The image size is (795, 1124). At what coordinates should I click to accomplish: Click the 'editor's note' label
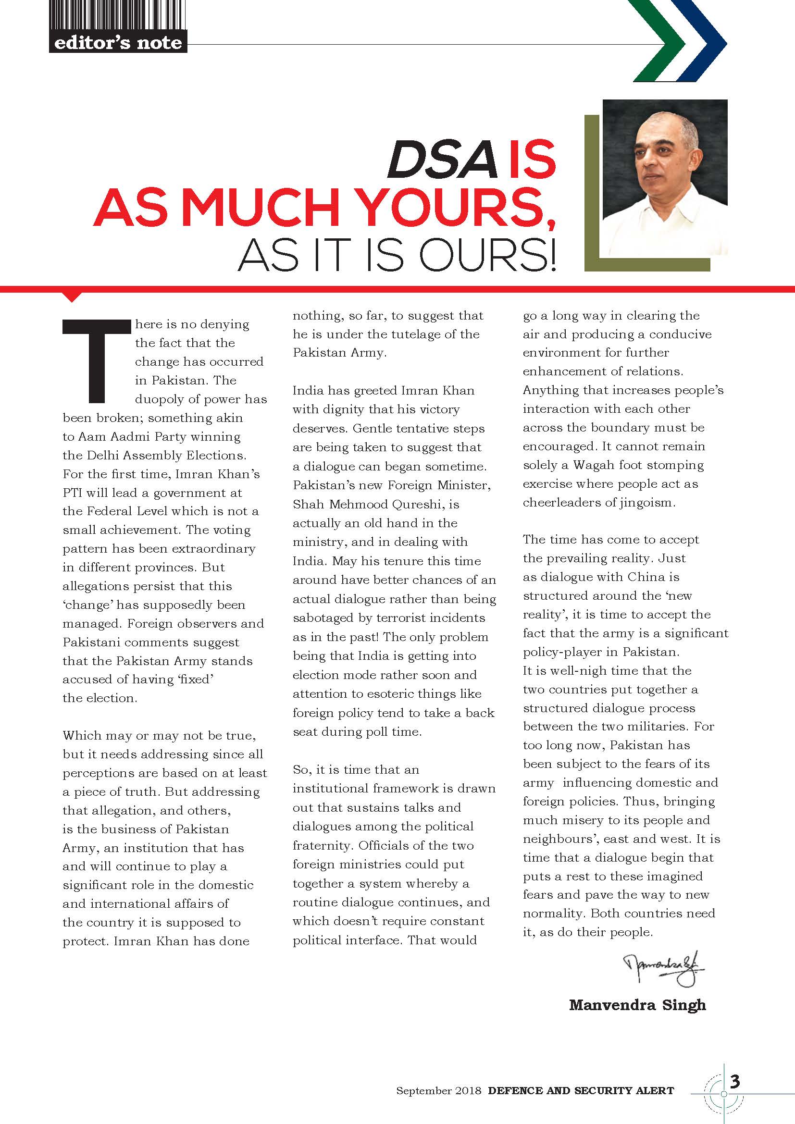(118, 43)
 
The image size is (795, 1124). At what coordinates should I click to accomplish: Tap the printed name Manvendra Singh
(637, 1005)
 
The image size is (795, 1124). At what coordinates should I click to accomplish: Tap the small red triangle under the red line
(72, 296)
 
